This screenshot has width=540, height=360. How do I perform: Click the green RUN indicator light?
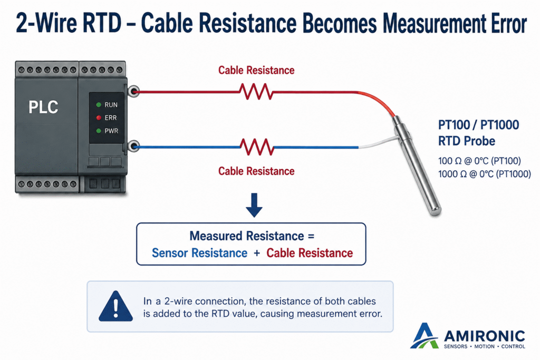(x=99, y=105)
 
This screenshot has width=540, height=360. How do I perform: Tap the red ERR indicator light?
(x=99, y=118)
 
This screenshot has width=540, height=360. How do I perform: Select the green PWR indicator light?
(x=99, y=131)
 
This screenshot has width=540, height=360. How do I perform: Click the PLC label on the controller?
(x=43, y=107)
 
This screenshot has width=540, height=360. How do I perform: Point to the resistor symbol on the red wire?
(x=256, y=92)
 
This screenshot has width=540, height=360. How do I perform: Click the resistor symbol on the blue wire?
(x=257, y=147)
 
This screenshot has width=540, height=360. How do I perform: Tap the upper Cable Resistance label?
(x=256, y=70)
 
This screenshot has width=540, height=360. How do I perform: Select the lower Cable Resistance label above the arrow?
(x=256, y=171)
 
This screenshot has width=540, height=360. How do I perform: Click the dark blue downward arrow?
(x=254, y=205)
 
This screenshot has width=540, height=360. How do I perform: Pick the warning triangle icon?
(x=115, y=306)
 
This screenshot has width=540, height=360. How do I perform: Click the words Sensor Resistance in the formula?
(x=200, y=253)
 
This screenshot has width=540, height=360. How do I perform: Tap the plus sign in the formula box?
(x=257, y=254)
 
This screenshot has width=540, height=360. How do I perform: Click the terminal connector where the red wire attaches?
(x=133, y=91)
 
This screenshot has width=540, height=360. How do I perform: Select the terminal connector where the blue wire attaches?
(x=133, y=147)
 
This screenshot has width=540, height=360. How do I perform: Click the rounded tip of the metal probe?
(x=435, y=210)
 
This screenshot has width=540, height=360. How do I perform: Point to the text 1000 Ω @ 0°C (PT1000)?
(x=485, y=174)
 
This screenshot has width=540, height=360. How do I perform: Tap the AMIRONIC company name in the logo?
(x=484, y=336)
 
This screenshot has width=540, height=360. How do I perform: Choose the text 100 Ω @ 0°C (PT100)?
(x=479, y=161)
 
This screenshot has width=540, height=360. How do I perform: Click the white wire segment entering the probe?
(x=378, y=143)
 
